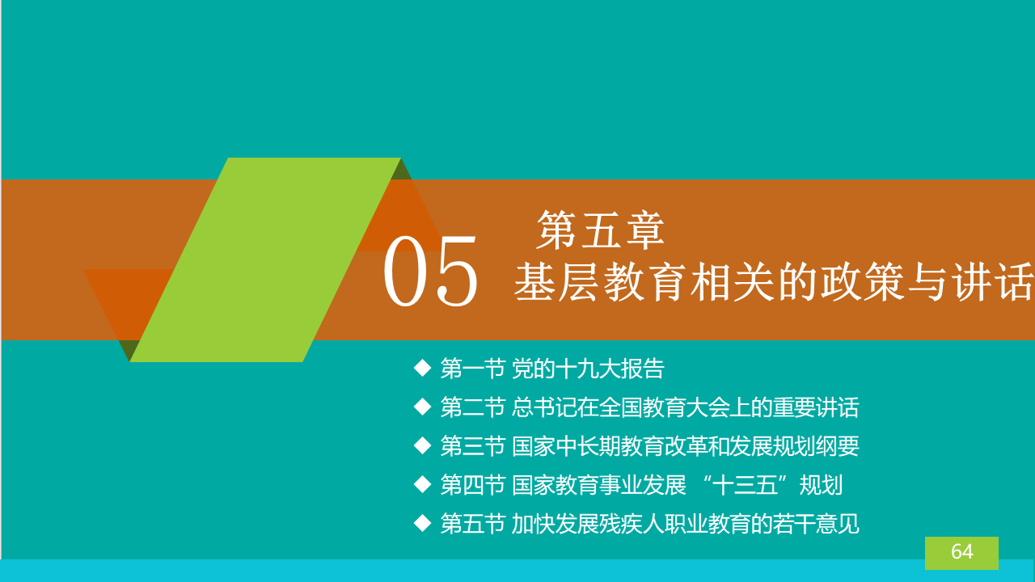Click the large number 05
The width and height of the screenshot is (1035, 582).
coord(430,271)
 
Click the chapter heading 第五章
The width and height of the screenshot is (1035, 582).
coord(600,230)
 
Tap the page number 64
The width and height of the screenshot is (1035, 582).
coord(962,551)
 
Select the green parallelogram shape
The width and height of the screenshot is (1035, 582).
coord(265,259)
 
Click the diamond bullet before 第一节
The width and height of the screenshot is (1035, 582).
coord(422,368)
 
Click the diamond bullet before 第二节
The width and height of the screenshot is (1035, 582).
coord(422,407)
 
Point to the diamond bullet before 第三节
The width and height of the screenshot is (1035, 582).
coord(422,445)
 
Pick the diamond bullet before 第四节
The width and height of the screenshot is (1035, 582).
coord(422,484)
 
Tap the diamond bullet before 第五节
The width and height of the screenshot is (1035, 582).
coord(422,523)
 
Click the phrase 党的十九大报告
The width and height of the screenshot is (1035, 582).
coord(588,369)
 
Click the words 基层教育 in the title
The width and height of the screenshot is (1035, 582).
coord(600,282)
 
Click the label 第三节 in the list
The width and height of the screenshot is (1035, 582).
coord(472,446)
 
